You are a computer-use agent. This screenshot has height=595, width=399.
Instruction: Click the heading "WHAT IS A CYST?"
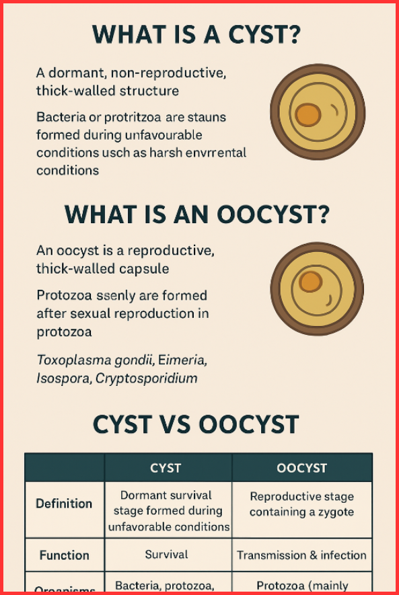(196, 35)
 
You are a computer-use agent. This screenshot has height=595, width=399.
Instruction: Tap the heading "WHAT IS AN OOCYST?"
(196, 214)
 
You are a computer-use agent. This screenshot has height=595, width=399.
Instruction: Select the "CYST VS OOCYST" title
(195, 424)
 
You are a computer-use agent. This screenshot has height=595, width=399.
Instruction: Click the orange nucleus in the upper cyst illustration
(307, 115)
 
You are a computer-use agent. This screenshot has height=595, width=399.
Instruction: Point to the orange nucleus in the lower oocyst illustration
(310, 281)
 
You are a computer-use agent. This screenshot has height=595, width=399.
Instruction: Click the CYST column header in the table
(168, 467)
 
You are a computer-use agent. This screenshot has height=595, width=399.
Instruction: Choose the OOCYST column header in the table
(301, 467)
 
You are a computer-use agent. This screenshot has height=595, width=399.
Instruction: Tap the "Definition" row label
(65, 504)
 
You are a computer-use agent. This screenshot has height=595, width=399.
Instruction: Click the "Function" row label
(65, 555)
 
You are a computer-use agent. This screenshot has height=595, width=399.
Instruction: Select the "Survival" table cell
(167, 555)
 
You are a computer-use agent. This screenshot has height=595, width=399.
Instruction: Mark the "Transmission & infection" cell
(301, 555)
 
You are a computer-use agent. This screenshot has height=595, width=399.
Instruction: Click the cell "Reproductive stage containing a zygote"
(301, 504)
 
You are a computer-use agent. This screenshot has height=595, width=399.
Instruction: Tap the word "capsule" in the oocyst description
(146, 269)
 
